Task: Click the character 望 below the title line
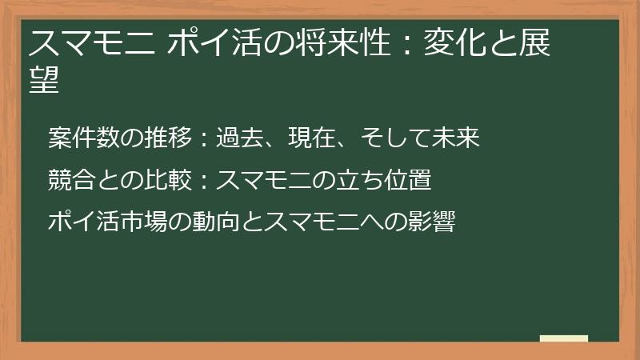pyautogui.click(x=45, y=81)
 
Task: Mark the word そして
pyautogui.click(x=395, y=138)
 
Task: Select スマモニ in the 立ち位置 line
pyautogui.click(x=265, y=179)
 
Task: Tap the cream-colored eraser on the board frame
pyautogui.click(x=563, y=338)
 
